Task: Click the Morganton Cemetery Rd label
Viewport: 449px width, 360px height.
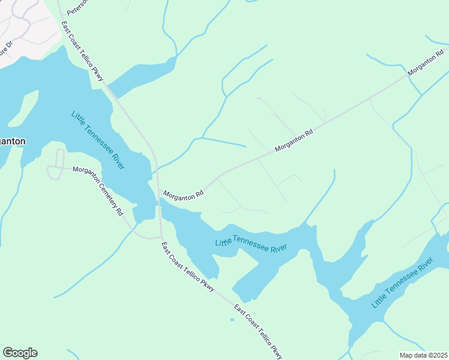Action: click(98, 190)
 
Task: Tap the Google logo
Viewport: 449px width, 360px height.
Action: click(20, 353)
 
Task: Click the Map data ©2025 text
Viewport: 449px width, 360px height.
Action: click(424, 355)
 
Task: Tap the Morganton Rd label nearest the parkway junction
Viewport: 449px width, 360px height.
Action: click(184, 194)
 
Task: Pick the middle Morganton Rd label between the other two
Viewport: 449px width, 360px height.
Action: click(294, 140)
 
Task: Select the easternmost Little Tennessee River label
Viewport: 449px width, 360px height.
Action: click(402, 282)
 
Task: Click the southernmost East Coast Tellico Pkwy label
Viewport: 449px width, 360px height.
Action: click(258, 333)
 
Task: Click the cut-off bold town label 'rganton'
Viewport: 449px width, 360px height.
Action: click(13, 142)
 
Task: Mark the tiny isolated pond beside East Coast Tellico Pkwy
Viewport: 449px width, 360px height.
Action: click(232, 319)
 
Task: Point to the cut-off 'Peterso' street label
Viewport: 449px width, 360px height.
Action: click(77, 7)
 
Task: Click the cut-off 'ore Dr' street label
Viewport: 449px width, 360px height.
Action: click(7, 47)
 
